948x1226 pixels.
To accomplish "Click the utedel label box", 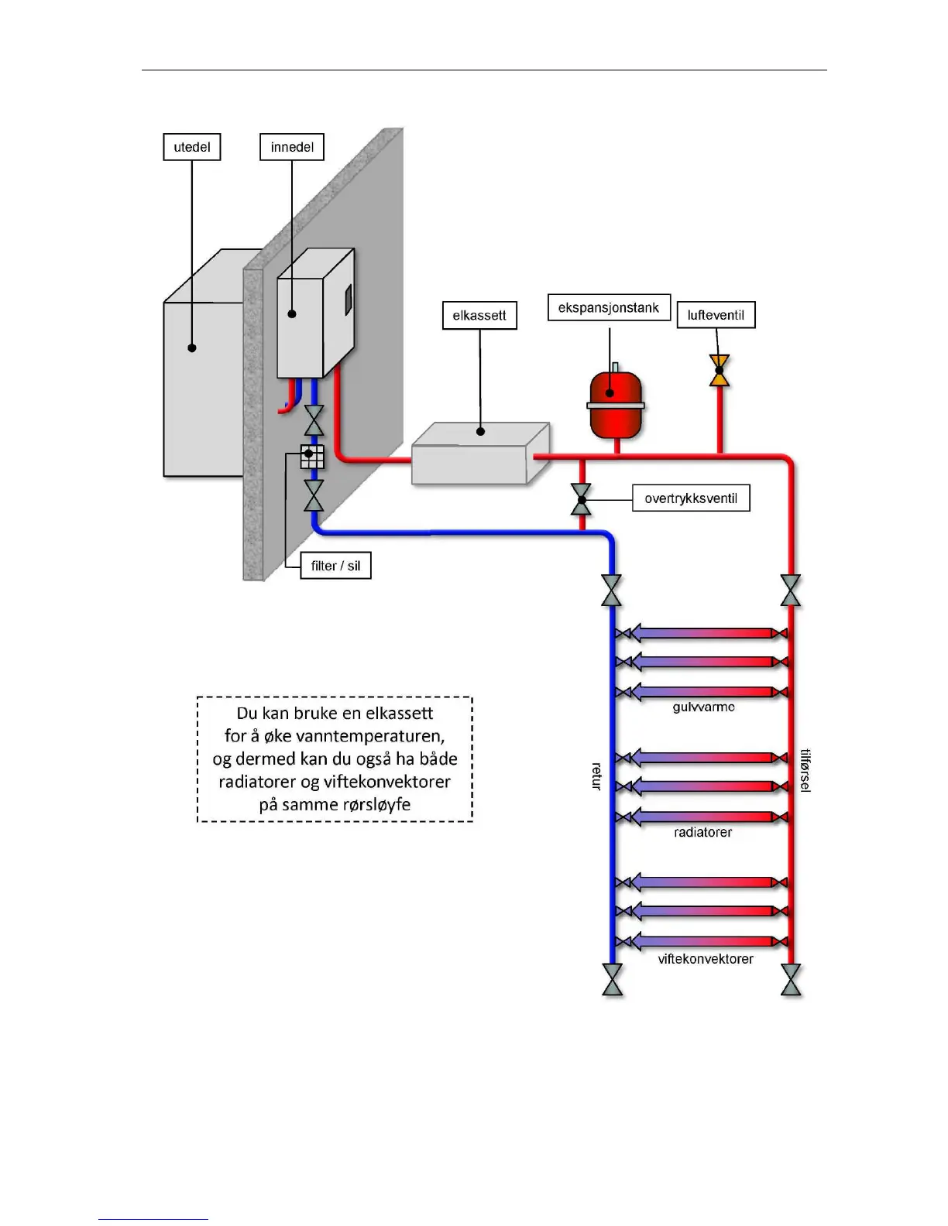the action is (x=191, y=147).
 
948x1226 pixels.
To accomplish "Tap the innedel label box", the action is (x=291, y=147).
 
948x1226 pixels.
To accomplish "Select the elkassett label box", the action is (x=479, y=315).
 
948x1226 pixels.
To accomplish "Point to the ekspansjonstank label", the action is (x=609, y=307).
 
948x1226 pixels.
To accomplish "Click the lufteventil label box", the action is (x=716, y=314).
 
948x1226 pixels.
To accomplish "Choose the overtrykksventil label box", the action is (x=691, y=498).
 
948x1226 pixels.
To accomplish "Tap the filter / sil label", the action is (x=335, y=565).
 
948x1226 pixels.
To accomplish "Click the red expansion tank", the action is (x=616, y=402).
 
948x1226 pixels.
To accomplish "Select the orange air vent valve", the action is (x=720, y=371).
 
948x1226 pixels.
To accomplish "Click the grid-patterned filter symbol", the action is (x=312, y=457).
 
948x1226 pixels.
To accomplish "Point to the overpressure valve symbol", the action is (x=581, y=499).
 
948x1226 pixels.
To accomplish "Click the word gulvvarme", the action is (x=703, y=707).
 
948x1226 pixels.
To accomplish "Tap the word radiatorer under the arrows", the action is (x=703, y=832).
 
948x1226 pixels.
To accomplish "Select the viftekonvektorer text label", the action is (x=706, y=959).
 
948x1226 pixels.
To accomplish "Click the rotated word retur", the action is (x=596, y=776).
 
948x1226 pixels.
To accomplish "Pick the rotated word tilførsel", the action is (x=805, y=771).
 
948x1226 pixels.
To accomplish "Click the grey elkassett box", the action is (x=480, y=453).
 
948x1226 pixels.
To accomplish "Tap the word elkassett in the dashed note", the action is (x=400, y=714).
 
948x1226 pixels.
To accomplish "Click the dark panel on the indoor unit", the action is (x=349, y=299).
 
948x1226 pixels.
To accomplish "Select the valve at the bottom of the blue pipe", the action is (x=612, y=980).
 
